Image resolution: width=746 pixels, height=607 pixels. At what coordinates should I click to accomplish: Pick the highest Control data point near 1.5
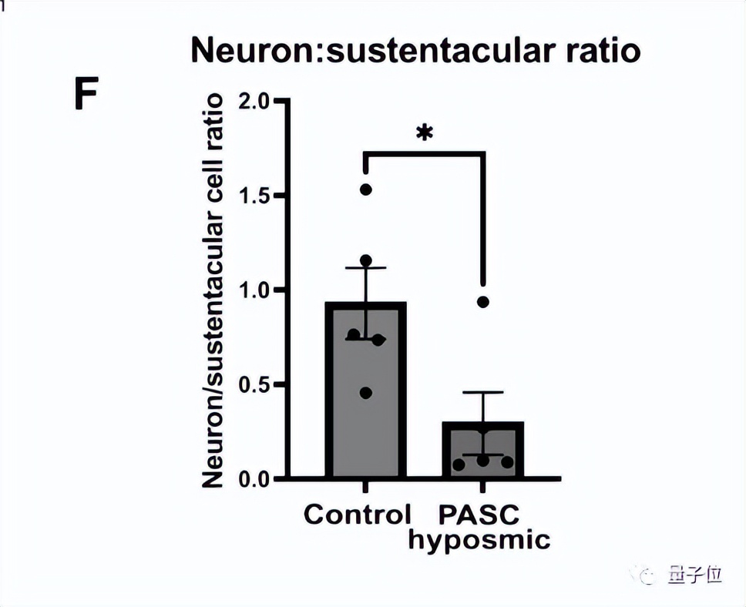pos(365,189)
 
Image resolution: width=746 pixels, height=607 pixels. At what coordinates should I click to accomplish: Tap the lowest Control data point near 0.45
pos(365,393)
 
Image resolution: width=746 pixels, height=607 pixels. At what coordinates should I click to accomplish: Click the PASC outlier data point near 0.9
pos(483,302)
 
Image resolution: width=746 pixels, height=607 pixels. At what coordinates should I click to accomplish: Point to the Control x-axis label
pos(358,514)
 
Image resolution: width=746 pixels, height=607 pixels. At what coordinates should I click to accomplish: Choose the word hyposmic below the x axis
pos(479,539)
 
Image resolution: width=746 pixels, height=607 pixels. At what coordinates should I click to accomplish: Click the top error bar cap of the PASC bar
pos(483,393)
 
